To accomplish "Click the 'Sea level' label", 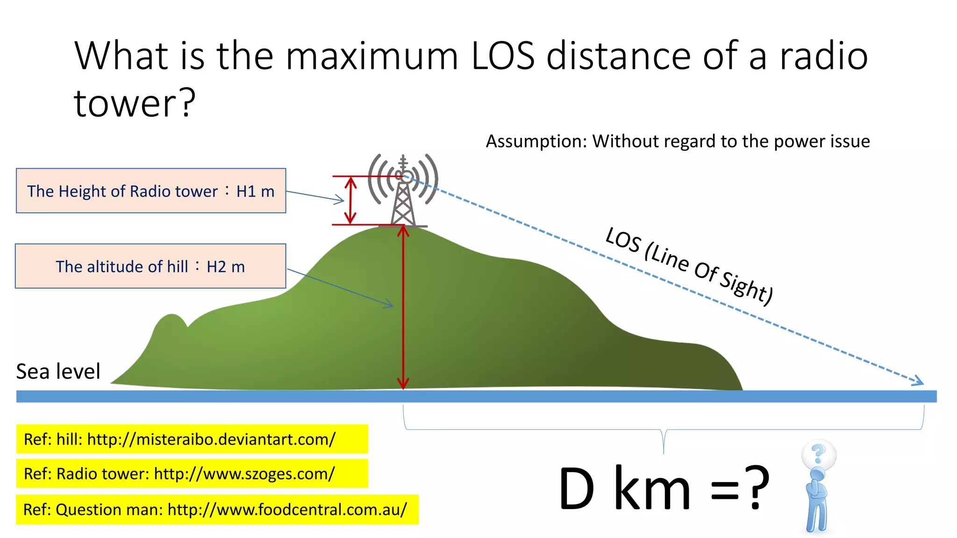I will [x=58, y=372].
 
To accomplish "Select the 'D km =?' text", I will [x=664, y=488].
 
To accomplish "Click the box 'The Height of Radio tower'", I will [x=151, y=191].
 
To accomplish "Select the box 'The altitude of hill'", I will [x=150, y=266].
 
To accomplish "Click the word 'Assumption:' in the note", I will [x=536, y=141].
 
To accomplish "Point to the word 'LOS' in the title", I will [x=503, y=56].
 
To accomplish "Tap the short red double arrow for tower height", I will [x=350, y=201].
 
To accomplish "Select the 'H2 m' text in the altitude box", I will [x=226, y=267].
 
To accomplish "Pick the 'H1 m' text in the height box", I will [x=255, y=191].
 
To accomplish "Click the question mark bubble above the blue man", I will [x=819, y=453].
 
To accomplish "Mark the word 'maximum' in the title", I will [x=372, y=56].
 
